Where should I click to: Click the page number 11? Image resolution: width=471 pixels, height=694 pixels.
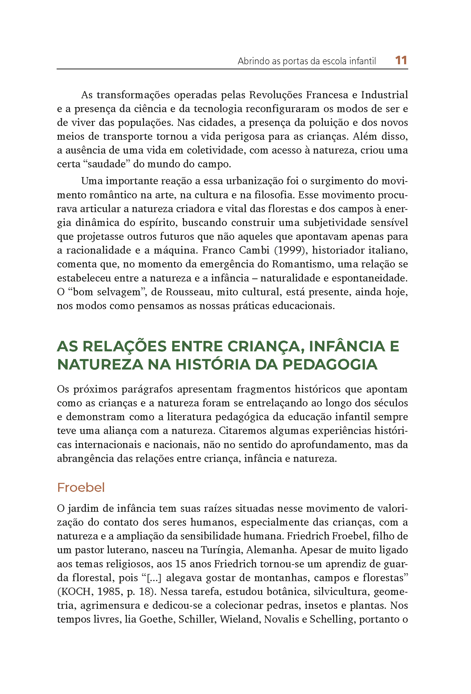click(401, 60)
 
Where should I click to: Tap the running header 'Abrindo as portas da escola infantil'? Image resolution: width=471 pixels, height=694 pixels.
click(306, 61)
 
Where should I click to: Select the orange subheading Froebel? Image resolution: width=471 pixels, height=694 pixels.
click(81, 488)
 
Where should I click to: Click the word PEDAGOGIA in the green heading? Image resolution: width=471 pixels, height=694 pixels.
click(330, 365)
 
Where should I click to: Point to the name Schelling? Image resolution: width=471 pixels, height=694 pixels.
click(332, 619)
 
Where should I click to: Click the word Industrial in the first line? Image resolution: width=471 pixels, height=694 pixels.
click(384, 95)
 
